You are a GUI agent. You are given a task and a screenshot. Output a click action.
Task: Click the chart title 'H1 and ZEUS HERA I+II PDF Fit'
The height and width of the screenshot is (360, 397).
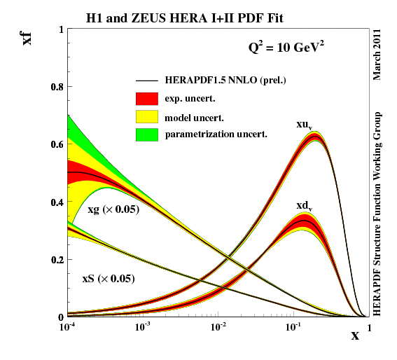(195, 15)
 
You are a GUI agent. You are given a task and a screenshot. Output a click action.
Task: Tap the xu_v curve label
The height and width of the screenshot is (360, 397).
(304, 125)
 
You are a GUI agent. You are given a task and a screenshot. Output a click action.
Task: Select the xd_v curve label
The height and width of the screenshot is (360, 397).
(304, 205)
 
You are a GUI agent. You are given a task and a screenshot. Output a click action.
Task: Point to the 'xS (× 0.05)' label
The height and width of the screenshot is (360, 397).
(109, 279)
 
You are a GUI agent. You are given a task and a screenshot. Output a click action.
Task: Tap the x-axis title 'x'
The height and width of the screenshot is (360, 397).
(355, 335)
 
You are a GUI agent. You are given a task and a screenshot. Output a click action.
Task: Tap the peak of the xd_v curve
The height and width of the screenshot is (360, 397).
(303, 221)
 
